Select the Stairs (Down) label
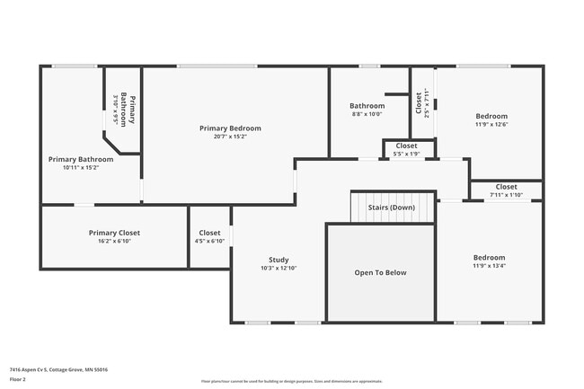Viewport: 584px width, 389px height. pos(392,208)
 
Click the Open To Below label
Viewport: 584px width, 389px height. pos(380,272)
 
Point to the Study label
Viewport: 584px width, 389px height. pos(278,260)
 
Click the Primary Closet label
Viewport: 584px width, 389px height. pos(114,233)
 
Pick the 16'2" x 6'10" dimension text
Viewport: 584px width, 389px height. pos(114,241)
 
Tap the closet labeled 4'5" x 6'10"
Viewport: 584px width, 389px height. pos(209,236)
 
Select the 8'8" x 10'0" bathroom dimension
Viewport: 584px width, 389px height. pos(367,114)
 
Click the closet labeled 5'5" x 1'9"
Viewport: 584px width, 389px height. pos(406,149)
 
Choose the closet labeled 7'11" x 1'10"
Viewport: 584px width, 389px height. pos(506,190)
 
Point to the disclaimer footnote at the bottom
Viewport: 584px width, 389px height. pos(292,380)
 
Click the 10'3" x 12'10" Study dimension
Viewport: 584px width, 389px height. pos(278,268)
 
